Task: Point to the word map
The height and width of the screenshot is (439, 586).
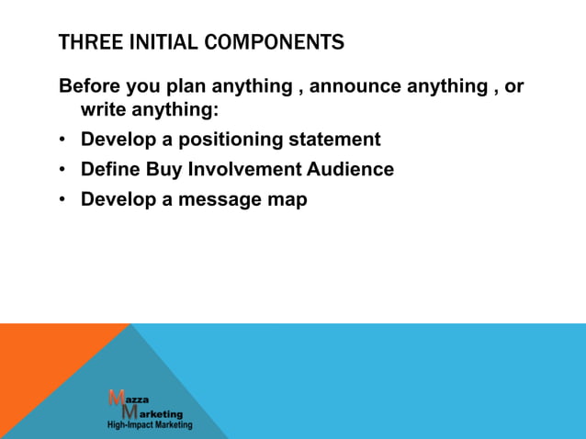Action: (x=287, y=199)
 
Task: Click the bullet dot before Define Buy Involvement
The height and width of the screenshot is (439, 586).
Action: (x=62, y=170)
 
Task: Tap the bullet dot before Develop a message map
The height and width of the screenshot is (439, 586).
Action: (x=62, y=200)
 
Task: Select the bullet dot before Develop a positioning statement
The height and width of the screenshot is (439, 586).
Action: (x=62, y=141)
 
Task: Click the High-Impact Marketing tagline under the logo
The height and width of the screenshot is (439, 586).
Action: (x=150, y=425)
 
